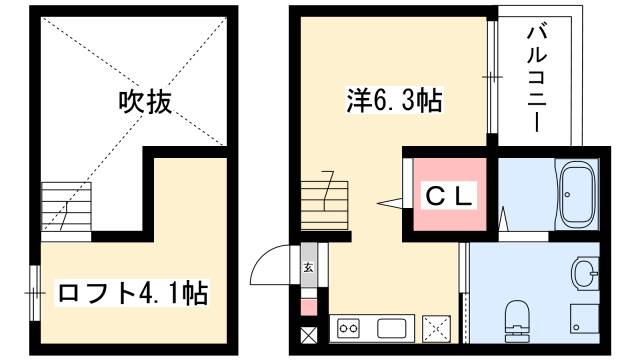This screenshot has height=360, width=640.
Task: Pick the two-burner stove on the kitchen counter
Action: [x=350, y=328]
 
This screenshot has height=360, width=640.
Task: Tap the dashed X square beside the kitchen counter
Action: [x=437, y=327]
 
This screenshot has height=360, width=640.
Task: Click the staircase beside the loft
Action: [x=66, y=207]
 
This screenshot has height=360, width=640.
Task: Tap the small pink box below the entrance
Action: [x=308, y=307]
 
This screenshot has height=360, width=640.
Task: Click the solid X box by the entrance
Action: [x=308, y=334]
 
